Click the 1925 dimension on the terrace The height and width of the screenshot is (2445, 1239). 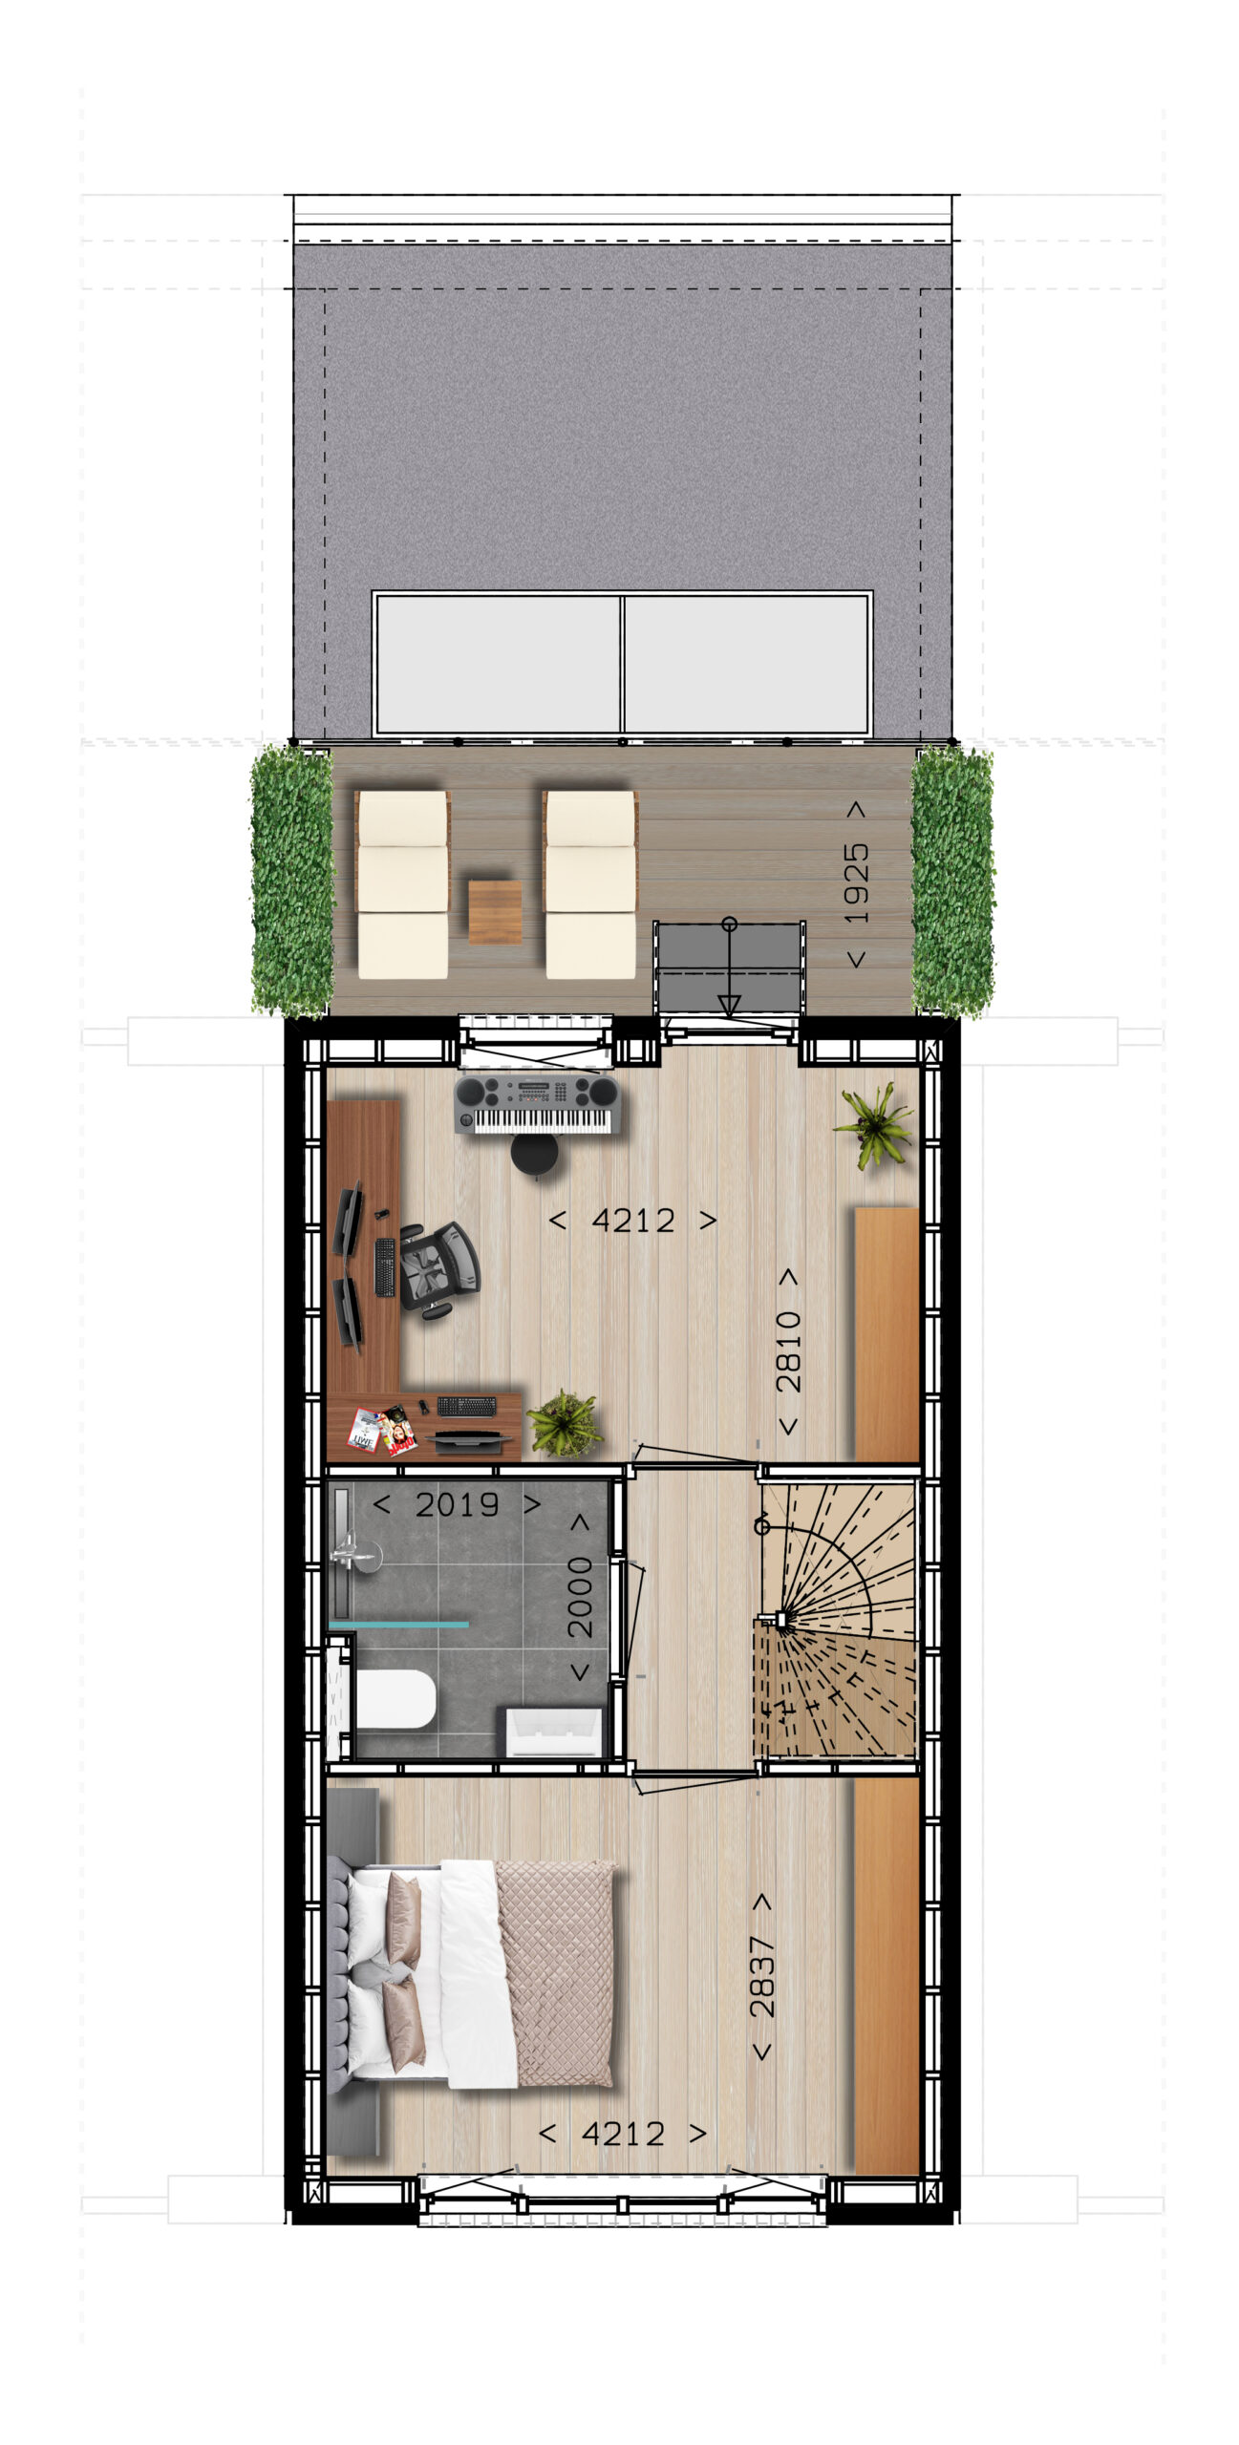coord(857,883)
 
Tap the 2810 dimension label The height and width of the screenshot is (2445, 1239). coord(788,1350)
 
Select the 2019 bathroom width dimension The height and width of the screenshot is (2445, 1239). coord(457,1505)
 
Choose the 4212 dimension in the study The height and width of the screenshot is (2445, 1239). coord(633,1220)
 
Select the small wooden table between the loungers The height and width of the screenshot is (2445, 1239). coord(495,911)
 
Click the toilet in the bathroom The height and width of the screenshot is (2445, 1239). coord(395,1700)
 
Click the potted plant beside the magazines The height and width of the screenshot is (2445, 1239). coord(564,1424)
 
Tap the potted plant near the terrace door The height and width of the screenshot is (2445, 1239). coord(874,1125)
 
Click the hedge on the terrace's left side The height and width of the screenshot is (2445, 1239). coord(292,881)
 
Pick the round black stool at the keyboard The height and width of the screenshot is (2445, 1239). coord(534,1154)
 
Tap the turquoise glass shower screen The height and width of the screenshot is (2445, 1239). coord(399,1624)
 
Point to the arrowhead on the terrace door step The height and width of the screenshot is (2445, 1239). coord(729,1005)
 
